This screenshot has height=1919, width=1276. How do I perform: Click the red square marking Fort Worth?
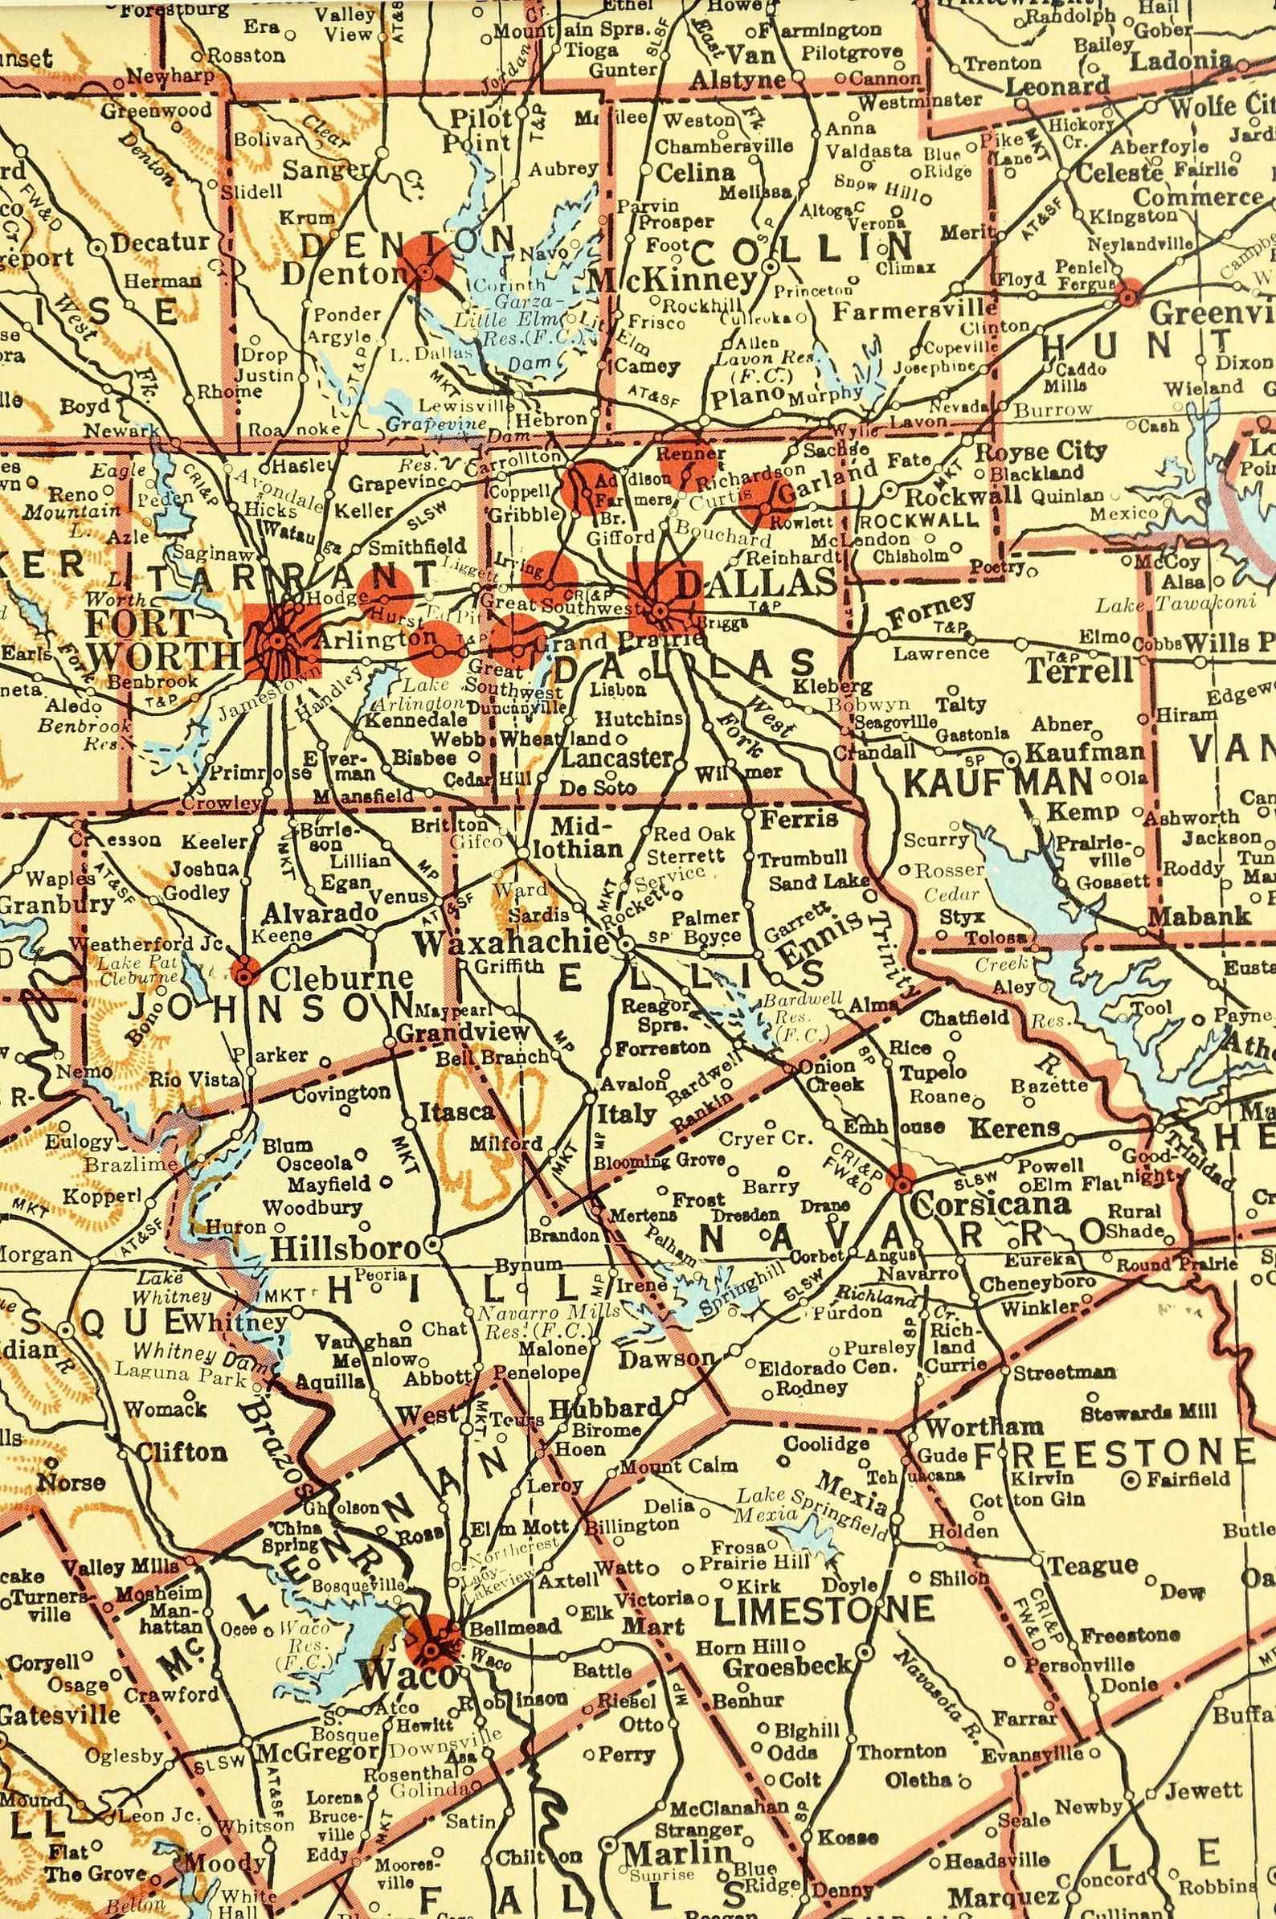pyautogui.click(x=282, y=640)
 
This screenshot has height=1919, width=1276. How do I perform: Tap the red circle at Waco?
pyautogui.click(x=432, y=1643)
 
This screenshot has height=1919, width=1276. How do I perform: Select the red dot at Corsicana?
pyautogui.click(x=901, y=1176)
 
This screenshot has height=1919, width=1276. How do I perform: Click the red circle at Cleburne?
pyautogui.click(x=245, y=970)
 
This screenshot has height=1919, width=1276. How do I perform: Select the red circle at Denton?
pyautogui.click(x=424, y=263)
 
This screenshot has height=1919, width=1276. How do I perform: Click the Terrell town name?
pyautogui.click(x=1079, y=671)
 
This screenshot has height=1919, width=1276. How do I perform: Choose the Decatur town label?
pyautogui.click(x=159, y=243)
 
